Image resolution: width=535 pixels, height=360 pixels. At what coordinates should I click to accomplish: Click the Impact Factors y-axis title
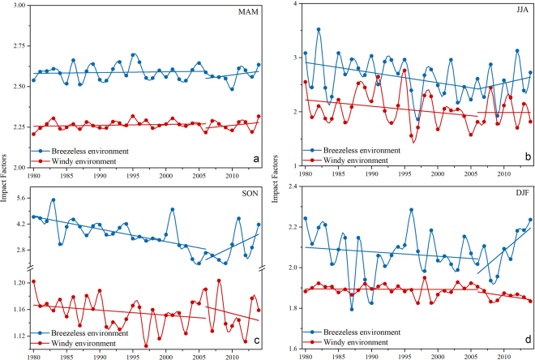coord(5,178)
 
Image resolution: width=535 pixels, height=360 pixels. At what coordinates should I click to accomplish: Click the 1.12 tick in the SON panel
coord(18,336)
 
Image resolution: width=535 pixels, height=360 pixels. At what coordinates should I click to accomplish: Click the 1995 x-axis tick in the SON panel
coord(133,357)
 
